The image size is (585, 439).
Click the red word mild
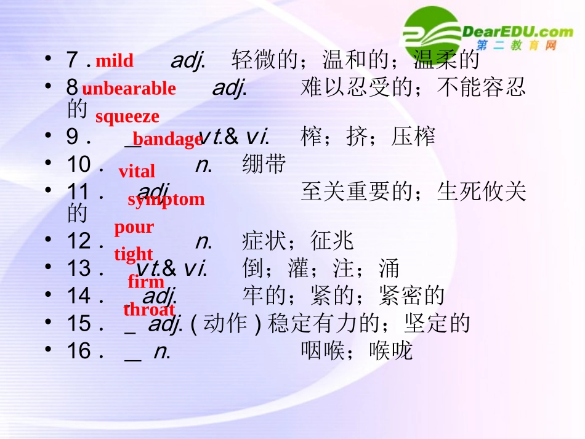click(114, 61)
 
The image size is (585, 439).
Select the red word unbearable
click(129, 89)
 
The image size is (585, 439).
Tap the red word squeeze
click(127, 116)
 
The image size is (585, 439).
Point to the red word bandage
click(167, 139)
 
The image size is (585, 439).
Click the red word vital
click(137, 171)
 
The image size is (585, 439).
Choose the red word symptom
click(166, 199)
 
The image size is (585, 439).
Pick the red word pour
click(134, 227)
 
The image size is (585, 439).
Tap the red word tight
click(133, 254)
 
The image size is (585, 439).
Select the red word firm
click(146, 282)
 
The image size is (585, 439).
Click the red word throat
click(149, 310)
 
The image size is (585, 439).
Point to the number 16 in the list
click(79, 351)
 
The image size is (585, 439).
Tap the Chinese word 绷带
click(264, 164)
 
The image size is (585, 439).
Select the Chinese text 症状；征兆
click(298, 241)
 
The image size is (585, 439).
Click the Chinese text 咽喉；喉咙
click(357, 351)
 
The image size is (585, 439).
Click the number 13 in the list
click(79, 268)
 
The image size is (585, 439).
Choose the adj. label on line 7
click(188, 60)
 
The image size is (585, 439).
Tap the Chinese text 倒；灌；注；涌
click(321, 268)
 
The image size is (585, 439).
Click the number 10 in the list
click(79, 164)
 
